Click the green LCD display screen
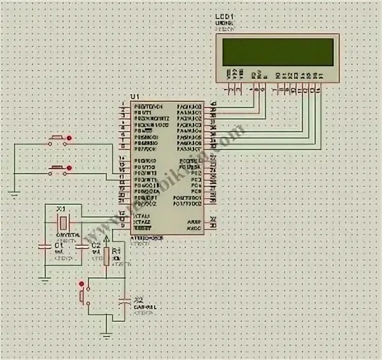[x=278, y=52]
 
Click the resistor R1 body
[x=106, y=254]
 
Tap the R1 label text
[x=116, y=251]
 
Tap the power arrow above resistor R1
[x=106, y=237]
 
